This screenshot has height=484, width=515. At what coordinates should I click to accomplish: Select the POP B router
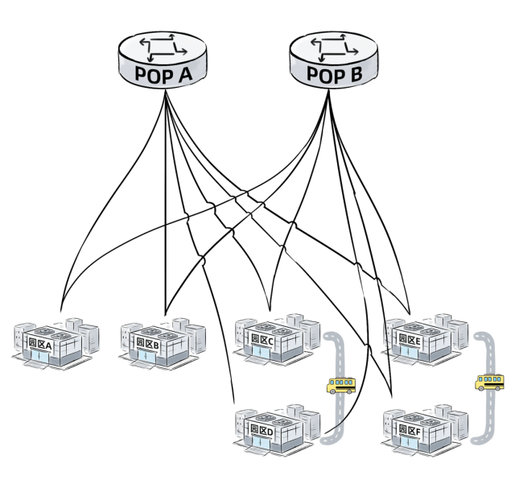click(330, 60)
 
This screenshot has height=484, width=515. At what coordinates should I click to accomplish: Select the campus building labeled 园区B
click(161, 343)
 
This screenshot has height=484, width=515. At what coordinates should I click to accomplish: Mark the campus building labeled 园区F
click(422, 428)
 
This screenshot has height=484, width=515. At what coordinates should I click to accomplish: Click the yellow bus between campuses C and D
click(340, 385)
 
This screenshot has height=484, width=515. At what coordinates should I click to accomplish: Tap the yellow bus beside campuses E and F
click(488, 381)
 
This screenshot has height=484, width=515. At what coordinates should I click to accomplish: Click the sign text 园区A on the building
click(40, 345)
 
